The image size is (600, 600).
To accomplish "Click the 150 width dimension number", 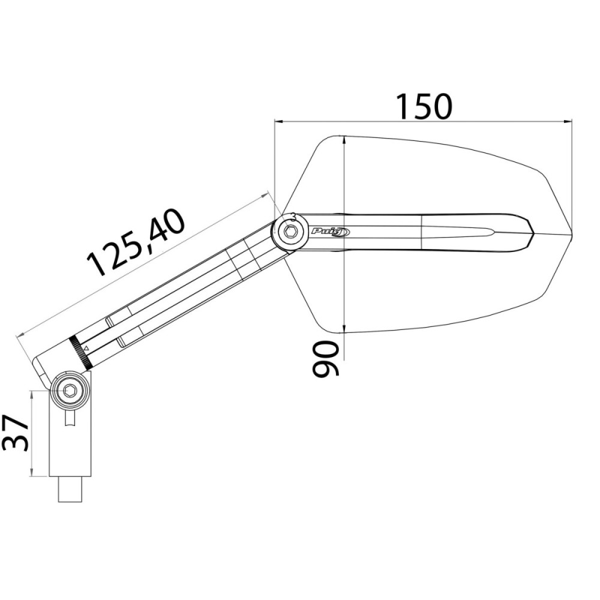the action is (x=424, y=106).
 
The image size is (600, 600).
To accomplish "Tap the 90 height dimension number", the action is (x=326, y=359).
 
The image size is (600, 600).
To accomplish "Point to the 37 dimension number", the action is (x=16, y=433).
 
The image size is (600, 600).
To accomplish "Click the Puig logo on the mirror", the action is (x=330, y=232).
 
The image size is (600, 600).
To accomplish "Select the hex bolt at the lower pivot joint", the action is (x=70, y=391).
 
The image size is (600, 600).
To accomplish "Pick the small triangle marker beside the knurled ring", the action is (x=86, y=348).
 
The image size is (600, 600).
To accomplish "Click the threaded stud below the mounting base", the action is (x=70, y=488).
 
